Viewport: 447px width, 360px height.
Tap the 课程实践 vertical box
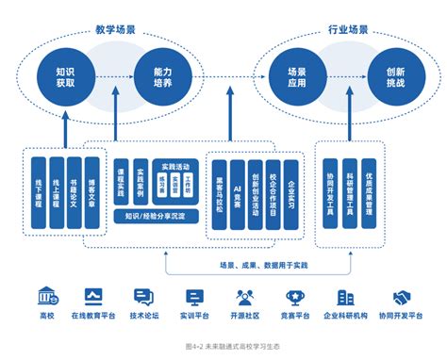[122, 179]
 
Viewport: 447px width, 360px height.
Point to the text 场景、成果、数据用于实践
[266, 267]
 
